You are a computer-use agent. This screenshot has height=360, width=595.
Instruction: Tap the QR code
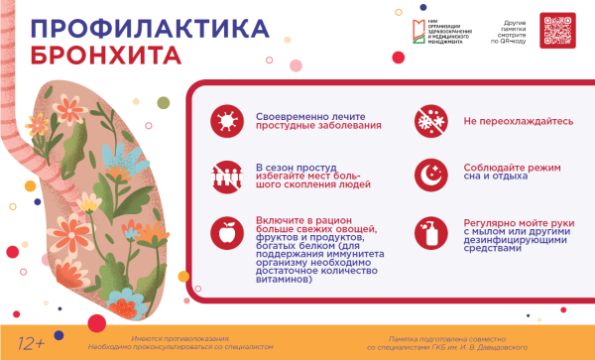coord(557,30)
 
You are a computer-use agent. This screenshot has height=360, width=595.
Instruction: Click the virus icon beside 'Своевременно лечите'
coord(227,121)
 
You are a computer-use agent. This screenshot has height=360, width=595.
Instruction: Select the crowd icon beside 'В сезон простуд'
coord(227,176)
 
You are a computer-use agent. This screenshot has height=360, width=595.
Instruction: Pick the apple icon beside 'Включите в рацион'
coord(227,234)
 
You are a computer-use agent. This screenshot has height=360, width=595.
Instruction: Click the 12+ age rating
coord(32,343)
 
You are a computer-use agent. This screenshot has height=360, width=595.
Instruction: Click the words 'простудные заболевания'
coord(304,127)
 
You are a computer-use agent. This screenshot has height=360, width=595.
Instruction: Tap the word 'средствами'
coord(491,249)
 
